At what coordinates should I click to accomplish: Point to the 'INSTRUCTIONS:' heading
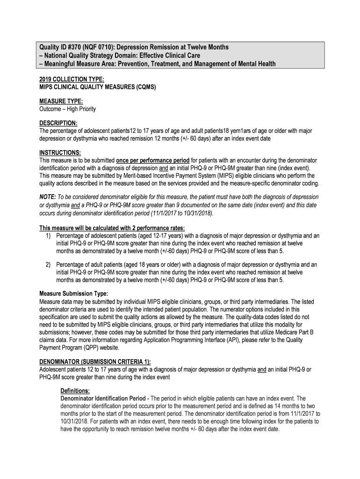click(60, 152)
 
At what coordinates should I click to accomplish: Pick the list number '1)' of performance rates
click(49, 236)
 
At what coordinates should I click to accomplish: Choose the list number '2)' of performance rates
click(49, 265)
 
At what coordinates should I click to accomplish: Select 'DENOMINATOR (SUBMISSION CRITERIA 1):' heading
click(94, 362)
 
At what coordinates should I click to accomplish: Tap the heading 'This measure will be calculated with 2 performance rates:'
click(111, 228)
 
